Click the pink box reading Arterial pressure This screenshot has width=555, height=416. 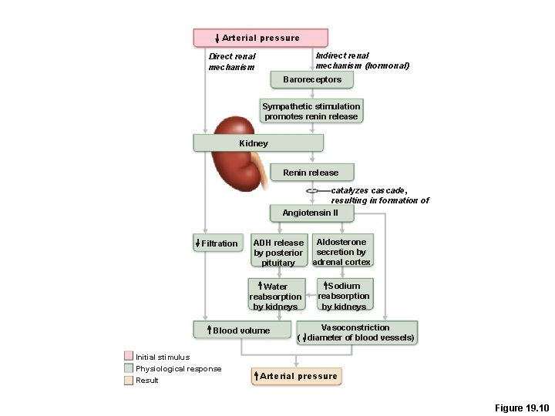click(x=261, y=38)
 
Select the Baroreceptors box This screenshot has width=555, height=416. click(x=311, y=79)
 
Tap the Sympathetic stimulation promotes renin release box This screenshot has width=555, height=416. click(x=311, y=111)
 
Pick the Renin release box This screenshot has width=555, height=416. click(x=310, y=173)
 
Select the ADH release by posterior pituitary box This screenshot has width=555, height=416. click(x=278, y=252)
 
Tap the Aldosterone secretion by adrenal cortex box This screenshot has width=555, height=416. click(x=341, y=252)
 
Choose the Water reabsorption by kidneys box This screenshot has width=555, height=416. click(x=275, y=297)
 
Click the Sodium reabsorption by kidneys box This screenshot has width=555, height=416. click(x=344, y=296)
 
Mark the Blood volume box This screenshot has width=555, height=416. click(x=241, y=330)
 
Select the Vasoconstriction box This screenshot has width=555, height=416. click(x=356, y=332)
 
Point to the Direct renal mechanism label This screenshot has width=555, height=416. click(x=231, y=62)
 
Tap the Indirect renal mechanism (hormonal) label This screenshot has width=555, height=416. click(x=362, y=60)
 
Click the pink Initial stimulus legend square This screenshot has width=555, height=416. click(x=129, y=356)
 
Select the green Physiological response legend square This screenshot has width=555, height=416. click(x=129, y=368)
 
